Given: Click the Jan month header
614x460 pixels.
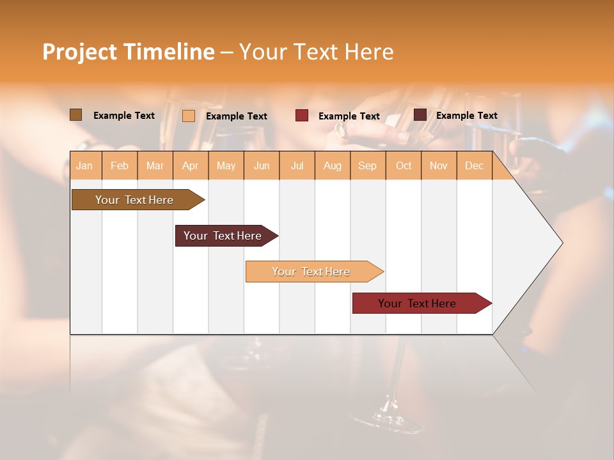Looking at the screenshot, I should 84,165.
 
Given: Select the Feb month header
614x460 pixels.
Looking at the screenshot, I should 120,165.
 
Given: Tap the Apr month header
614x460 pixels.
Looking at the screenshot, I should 190,165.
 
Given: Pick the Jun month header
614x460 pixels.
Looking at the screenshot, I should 262,165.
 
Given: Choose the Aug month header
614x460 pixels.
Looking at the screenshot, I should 332,165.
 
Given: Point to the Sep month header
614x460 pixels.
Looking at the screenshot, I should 367,165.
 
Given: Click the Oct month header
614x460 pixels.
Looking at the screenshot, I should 404,165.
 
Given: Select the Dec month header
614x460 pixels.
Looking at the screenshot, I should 474,165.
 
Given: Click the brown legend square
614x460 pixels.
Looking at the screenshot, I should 75,115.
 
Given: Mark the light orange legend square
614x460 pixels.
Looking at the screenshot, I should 189,116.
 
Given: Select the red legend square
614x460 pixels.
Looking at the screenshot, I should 302,116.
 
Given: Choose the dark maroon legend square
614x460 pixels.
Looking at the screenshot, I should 420,115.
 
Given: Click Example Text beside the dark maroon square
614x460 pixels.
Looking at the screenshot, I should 466,115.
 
